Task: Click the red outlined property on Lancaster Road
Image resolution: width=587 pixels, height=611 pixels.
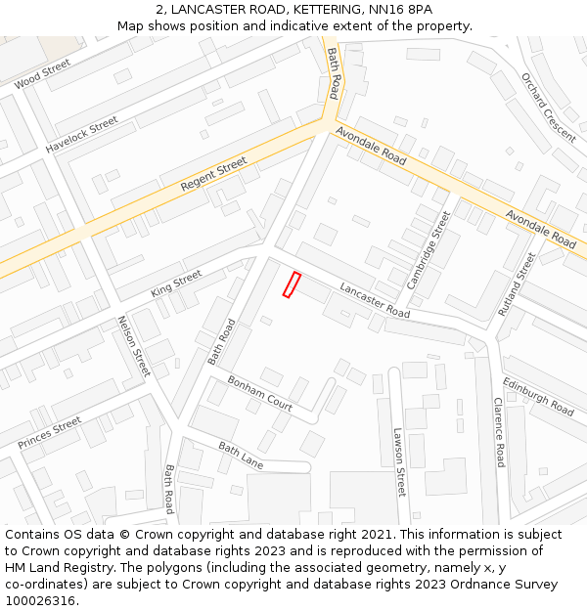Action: (291, 284)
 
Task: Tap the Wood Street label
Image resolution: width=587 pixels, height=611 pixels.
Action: (43, 73)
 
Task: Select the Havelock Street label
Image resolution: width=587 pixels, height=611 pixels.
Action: (81, 135)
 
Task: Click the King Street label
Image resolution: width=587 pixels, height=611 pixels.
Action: (176, 284)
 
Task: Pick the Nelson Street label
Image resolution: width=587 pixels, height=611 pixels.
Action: (134, 346)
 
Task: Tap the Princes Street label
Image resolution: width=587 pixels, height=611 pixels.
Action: (50, 433)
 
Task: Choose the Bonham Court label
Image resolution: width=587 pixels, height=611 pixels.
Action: (260, 392)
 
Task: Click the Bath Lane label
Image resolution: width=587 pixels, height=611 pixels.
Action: (241, 455)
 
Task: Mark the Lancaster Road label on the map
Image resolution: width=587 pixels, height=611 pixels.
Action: (375, 300)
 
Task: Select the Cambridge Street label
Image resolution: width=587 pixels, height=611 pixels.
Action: (429, 250)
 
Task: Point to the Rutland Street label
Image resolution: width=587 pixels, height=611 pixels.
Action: (517, 284)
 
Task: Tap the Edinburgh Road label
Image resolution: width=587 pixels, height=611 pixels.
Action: (538, 396)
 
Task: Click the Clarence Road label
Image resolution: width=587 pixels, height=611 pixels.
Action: (499, 432)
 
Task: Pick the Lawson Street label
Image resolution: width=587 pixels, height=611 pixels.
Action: (399, 462)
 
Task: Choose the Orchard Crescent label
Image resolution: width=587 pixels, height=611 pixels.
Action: (549, 106)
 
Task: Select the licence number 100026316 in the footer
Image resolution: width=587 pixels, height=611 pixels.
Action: (40, 601)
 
